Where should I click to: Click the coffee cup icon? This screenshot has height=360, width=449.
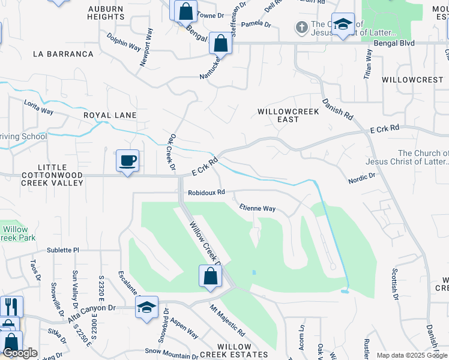[x=127, y=161]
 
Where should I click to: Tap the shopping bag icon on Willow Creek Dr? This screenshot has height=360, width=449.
[x=210, y=277]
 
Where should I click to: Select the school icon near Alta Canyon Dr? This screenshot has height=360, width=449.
[x=146, y=307]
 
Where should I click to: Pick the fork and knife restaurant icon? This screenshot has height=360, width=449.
[x=12, y=307]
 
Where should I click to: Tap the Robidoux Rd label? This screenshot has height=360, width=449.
[x=206, y=193]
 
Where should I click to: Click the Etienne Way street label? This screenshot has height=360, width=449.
[x=257, y=209]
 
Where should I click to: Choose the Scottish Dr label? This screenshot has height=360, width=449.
[x=395, y=283]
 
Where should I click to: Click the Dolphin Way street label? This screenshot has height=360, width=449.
[x=124, y=44]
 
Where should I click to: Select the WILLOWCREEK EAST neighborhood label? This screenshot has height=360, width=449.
[x=278, y=115]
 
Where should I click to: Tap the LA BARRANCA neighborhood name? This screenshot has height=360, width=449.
[x=64, y=54]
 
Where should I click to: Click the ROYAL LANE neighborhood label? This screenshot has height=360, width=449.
[x=110, y=115]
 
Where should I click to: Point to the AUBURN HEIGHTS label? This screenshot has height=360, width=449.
[x=106, y=13]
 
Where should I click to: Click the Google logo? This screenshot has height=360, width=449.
[x=19, y=353]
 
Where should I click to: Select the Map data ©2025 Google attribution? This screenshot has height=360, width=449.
[x=411, y=355]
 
